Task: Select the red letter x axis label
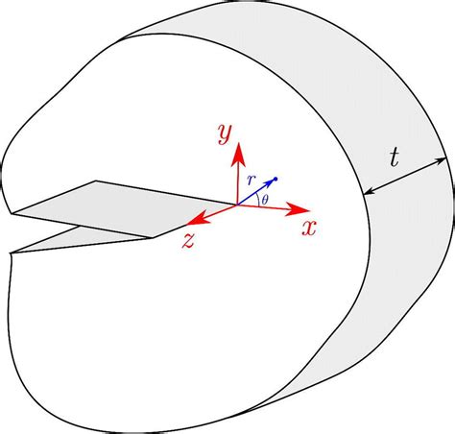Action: pos(309,228)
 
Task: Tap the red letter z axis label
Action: pos(188,242)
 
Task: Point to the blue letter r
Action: pos(252,181)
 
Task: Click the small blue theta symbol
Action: pos(265,198)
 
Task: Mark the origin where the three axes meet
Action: pos(239,204)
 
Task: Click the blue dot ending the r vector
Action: pos(275,180)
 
